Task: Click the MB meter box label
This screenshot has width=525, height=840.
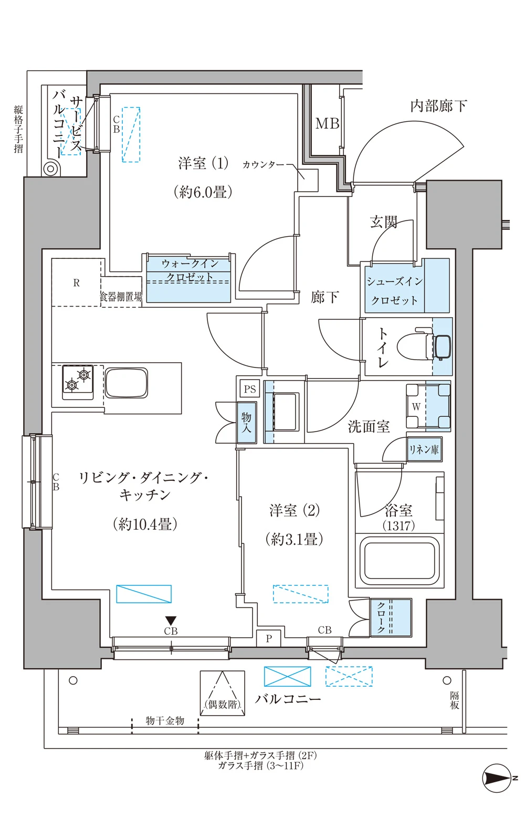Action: click(327, 123)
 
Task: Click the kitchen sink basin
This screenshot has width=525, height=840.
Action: click(127, 383)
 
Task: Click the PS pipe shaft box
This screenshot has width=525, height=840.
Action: click(250, 389)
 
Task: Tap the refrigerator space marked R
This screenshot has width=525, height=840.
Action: click(77, 282)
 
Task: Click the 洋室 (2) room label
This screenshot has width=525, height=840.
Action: click(295, 510)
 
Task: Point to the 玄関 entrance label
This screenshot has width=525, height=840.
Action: click(383, 222)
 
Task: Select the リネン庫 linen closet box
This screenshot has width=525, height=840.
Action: click(425, 449)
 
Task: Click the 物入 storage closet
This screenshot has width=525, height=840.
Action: click(246, 423)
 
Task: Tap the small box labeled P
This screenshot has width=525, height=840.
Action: click(268, 638)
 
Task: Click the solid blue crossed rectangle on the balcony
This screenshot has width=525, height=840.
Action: click(287, 676)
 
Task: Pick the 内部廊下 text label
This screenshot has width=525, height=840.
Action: click(438, 106)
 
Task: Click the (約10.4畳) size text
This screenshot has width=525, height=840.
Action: click(145, 524)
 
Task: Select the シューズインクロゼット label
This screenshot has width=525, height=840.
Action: click(394, 291)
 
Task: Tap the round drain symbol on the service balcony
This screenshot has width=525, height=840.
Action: click(50, 169)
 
